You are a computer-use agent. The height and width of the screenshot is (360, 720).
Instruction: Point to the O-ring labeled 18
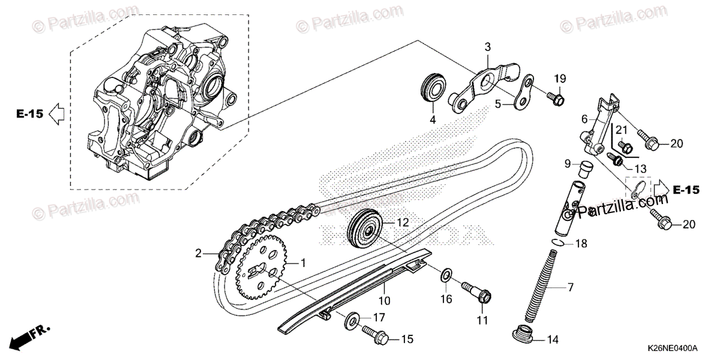coord(557,243)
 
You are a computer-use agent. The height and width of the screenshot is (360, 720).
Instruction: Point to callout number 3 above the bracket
coord(487,47)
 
